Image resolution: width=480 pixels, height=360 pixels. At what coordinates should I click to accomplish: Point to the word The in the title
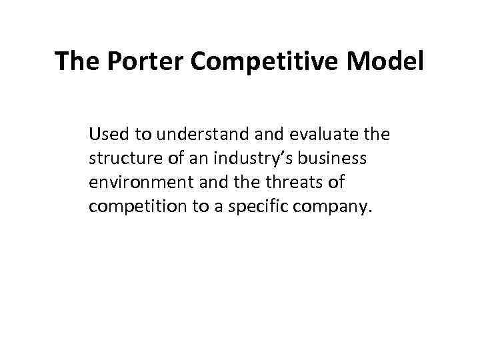pos(76,62)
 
